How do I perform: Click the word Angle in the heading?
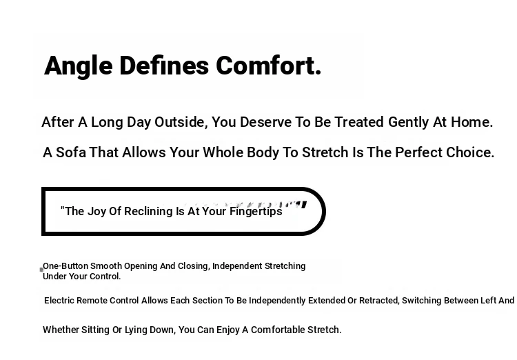pos(79,66)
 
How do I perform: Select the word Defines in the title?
pos(164,66)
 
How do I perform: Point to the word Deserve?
pos(265,122)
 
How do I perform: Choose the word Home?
pos(472,122)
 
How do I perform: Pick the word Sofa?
pos(71,152)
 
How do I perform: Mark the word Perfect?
pos(418,152)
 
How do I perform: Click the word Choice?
pos(470,152)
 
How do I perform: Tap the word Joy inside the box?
pos(97,212)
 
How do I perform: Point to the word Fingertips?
pos(256,212)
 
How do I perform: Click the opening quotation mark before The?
pos(62,208)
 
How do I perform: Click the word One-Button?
pos(65,266)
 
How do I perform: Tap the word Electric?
pos(59,301)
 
